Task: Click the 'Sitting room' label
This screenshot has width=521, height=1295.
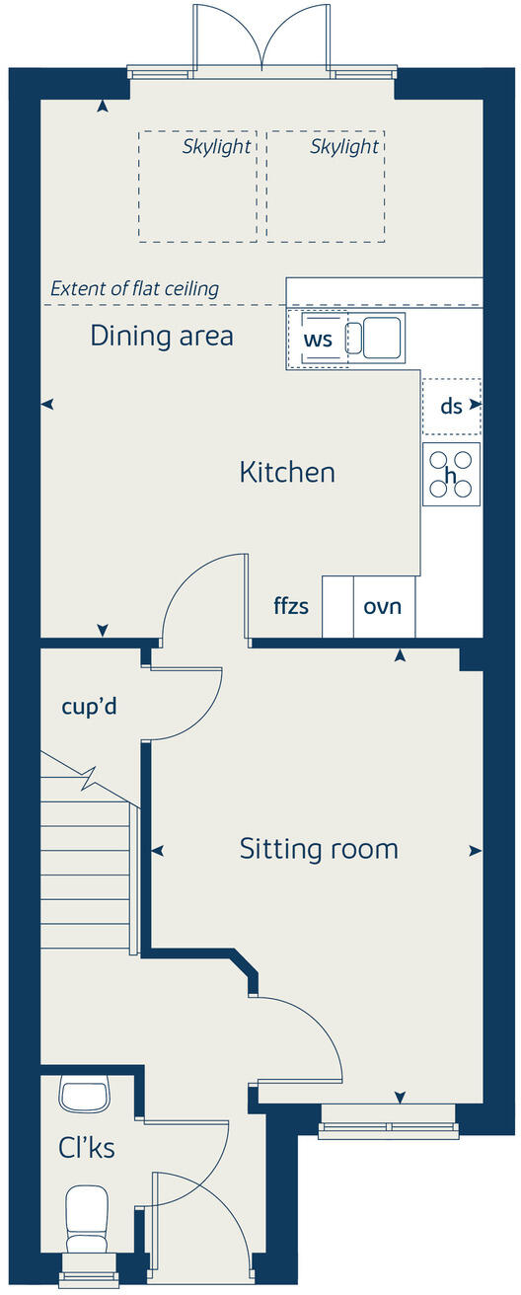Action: click(x=319, y=849)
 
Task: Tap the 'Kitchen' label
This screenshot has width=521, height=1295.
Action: click(x=287, y=473)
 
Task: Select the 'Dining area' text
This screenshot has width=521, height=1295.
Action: click(x=162, y=336)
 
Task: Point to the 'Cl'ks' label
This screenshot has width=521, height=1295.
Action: click(x=86, y=1148)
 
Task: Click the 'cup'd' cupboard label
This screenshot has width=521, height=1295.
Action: click(x=90, y=707)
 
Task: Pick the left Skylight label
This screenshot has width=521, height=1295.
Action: click(x=217, y=147)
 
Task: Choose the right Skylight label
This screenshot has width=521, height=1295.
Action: click(x=344, y=147)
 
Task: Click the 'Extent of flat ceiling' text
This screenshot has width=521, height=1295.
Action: click(x=134, y=289)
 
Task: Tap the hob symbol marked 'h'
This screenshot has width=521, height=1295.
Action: click(x=451, y=475)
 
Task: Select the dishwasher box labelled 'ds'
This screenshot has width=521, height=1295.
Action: click(x=451, y=406)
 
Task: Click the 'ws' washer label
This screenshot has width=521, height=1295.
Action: click(x=317, y=340)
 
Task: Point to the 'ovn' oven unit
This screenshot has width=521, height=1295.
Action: click(x=383, y=606)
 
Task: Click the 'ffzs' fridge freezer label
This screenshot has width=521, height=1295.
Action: click(x=291, y=606)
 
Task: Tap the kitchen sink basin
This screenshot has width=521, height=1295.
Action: click(x=381, y=338)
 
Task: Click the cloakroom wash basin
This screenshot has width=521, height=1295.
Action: click(x=84, y=1094)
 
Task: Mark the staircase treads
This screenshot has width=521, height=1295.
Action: click(x=87, y=875)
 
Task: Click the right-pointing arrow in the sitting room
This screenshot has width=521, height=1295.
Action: click(x=476, y=850)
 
